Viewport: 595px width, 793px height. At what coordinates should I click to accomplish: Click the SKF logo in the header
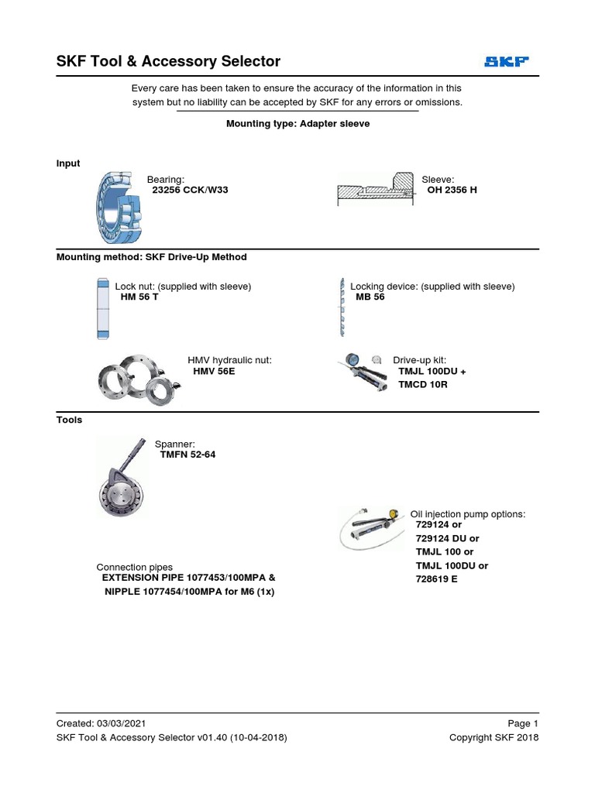click(x=507, y=62)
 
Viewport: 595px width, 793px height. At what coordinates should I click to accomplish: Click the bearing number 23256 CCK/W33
click(x=190, y=190)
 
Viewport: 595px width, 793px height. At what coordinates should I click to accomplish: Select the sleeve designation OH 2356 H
click(x=452, y=190)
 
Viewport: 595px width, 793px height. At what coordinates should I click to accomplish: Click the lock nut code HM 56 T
click(x=139, y=297)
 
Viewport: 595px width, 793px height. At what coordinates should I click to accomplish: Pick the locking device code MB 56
click(x=370, y=297)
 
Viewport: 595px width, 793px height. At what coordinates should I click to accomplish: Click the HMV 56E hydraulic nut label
click(x=214, y=372)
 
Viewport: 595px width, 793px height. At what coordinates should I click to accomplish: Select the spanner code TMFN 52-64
click(x=187, y=455)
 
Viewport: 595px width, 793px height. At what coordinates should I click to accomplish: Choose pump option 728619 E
click(x=437, y=578)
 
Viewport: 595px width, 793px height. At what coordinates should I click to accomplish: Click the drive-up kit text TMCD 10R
click(x=423, y=384)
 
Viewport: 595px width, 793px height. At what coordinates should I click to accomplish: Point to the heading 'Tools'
click(x=69, y=420)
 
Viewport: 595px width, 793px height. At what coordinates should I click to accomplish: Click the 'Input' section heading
click(x=68, y=163)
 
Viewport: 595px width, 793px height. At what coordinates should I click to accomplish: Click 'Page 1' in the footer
click(x=523, y=723)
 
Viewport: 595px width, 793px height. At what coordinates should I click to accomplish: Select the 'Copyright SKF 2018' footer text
click(x=494, y=737)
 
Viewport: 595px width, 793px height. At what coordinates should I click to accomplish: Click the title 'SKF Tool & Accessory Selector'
click(x=168, y=61)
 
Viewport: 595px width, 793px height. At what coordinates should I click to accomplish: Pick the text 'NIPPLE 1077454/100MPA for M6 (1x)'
click(x=190, y=592)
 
